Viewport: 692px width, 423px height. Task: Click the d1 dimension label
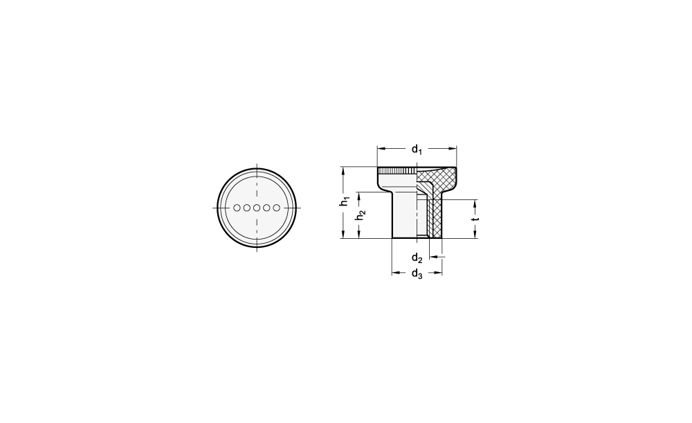tap(417, 150)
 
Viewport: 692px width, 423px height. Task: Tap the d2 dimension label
tap(417, 258)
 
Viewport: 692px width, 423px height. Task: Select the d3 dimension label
tap(417, 274)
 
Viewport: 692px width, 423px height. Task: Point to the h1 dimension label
tap(344, 201)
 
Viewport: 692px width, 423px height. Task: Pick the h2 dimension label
tap(361, 215)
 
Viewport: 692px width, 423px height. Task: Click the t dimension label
tap(475, 219)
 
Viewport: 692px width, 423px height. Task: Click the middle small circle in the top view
tap(257, 208)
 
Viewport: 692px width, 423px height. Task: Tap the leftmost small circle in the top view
tap(237, 208)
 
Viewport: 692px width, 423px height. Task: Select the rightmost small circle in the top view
tap(277, 208)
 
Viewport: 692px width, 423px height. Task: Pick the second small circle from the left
tap(247, 208)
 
